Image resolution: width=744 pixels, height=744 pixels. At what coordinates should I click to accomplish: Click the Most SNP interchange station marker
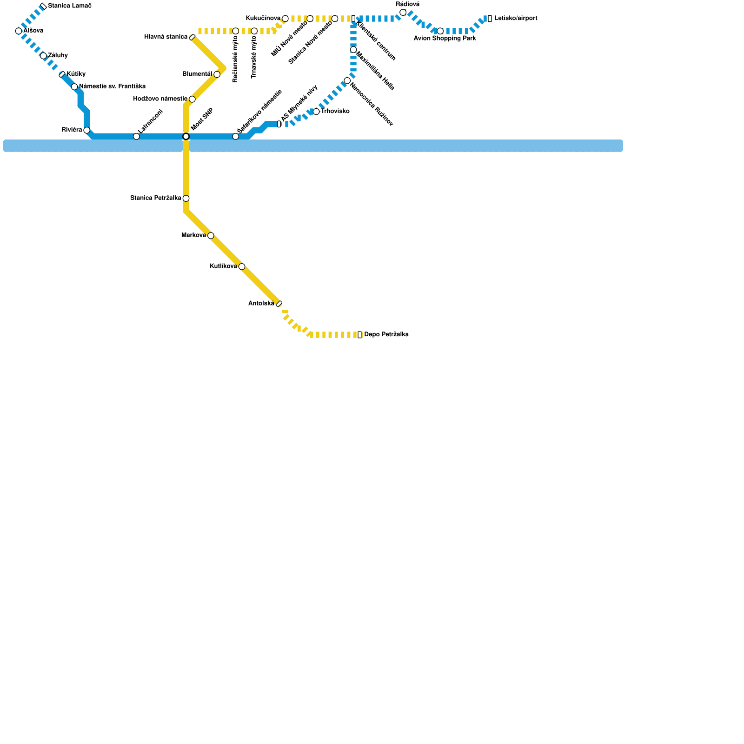pos(186,136)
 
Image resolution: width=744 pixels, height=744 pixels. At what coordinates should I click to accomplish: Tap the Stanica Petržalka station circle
pos(186,199)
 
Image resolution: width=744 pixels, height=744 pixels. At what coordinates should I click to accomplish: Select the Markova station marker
pos(211,236)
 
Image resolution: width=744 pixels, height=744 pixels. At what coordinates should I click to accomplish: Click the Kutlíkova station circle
pos(242,266)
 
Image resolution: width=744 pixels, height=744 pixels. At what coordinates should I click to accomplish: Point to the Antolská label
pos(261,304)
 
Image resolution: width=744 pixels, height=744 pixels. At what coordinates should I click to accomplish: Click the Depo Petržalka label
pos(386,335)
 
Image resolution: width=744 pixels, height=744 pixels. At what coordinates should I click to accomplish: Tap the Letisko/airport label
pos(516,19)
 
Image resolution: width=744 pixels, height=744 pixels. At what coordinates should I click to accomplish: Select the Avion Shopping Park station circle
pos(440,31)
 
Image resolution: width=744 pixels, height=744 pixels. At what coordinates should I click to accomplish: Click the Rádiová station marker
pos(403,13)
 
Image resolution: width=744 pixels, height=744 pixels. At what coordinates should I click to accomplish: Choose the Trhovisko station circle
pos(316,112)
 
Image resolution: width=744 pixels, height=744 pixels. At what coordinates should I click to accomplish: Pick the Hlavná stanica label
pos(166,37)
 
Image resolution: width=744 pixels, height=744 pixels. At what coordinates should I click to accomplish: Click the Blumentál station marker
pos(217,74)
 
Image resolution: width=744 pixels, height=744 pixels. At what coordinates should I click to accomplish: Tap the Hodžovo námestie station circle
pos(192,99)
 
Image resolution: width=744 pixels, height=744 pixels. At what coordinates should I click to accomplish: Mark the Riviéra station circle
pos(87,130)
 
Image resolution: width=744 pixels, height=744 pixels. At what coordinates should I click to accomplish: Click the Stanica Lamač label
pos(69,6)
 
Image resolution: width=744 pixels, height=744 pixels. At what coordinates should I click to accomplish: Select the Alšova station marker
pos(19,31)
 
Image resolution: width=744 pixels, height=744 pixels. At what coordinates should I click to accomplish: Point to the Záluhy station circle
pos(43,56)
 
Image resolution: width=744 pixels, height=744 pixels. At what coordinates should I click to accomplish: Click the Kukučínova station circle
pos(285,19)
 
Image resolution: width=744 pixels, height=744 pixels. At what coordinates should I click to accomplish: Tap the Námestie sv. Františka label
pos(112,86)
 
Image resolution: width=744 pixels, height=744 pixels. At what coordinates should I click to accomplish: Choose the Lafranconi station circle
pos(136,136)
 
